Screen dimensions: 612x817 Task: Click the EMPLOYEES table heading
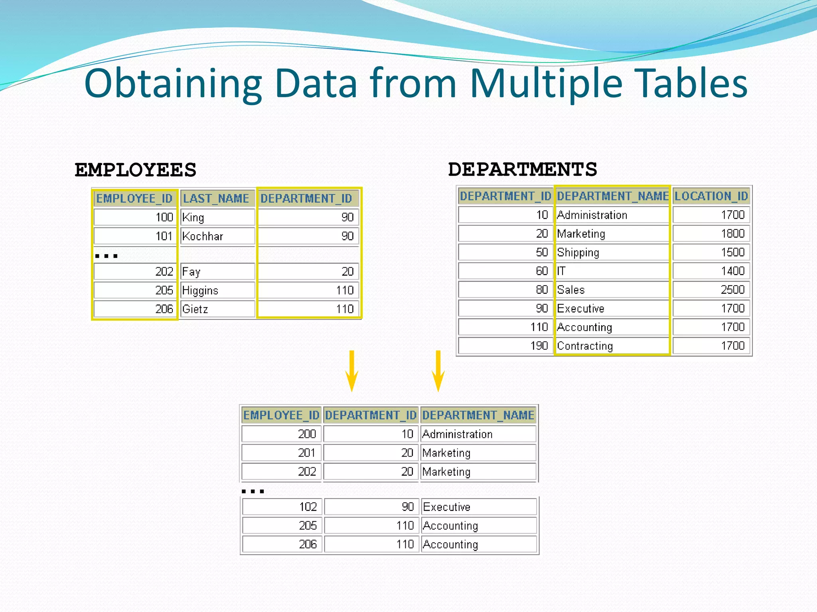[x=135, y=170]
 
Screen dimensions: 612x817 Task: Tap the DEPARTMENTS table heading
[x=522, y=169]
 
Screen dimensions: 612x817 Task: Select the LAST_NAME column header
[x=216, y=198]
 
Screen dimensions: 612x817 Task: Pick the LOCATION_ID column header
[x=711, y=196]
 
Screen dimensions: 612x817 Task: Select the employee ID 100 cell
[x=135, y=218]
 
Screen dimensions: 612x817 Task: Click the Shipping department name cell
[x=611, y=253]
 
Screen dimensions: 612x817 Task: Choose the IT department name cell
[x=611, y=271]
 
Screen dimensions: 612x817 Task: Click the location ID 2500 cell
[x=711, y=290]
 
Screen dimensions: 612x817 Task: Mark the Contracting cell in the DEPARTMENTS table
[x=611, y=346]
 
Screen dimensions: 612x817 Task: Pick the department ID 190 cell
[x=505, y=346]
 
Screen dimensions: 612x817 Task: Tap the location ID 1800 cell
[x=711, y=233]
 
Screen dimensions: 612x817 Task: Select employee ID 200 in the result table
[x=281, y=434]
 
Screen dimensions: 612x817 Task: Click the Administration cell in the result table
[x=478, y=434]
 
